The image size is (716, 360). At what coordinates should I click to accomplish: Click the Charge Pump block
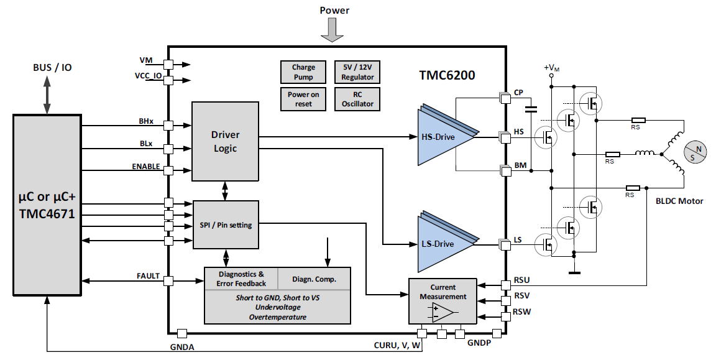point(303,72)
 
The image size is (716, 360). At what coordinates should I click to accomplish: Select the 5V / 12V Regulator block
point(357,72)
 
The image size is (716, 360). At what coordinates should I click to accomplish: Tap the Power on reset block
point(303,99)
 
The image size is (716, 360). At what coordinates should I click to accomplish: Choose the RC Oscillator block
point(357,99)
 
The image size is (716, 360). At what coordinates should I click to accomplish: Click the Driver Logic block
point(225,141)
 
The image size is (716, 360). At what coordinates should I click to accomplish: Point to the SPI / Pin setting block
point(226,224)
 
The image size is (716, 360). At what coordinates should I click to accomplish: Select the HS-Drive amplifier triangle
point(441,136)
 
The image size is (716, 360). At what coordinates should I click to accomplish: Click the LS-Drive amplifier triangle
point(441,243)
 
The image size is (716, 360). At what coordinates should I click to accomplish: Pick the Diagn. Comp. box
point(314,279)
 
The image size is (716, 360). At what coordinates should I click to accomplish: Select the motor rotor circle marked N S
point(695,153)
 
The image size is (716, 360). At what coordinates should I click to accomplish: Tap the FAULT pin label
point(148,276)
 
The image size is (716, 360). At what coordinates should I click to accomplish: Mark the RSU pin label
point(521,280)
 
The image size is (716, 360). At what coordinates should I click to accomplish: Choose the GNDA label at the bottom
point(182,347)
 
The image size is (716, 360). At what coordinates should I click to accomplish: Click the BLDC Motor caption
point(679,201)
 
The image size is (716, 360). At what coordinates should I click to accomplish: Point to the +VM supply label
point(551,68)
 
